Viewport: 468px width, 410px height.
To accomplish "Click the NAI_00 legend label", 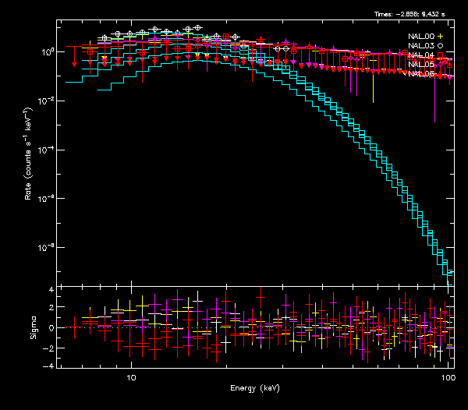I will click(421, 37).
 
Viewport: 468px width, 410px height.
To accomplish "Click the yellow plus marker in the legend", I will click(441, 37).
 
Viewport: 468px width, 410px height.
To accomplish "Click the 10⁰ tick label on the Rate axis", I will click(46, 51).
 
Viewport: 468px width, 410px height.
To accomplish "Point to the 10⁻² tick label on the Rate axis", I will click(44, 101).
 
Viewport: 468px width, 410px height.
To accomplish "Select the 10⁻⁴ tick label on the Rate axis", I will click(44, 150).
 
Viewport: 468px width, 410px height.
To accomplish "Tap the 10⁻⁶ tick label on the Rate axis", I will click(44, 199).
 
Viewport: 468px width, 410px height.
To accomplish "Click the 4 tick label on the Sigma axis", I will click(51, 290).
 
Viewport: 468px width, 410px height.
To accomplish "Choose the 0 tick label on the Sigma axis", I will click(51, 328).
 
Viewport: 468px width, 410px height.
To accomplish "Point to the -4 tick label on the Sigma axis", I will click(49, 366).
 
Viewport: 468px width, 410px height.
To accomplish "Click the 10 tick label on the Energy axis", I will click(131, 377).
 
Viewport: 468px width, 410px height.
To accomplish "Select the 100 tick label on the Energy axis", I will click(448, 377).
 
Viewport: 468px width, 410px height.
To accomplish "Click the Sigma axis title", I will click(31, 328).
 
